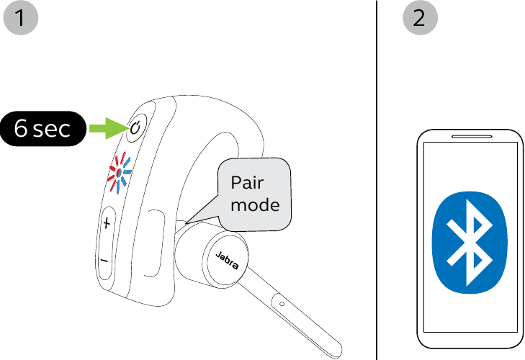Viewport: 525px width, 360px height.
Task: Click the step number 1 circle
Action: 21,18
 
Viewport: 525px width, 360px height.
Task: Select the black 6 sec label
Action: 43,129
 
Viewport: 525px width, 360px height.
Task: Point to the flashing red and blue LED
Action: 118,174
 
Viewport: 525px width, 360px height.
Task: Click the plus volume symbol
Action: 107,223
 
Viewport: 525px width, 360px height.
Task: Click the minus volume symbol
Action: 105,260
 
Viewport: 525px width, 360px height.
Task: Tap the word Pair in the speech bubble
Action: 248,182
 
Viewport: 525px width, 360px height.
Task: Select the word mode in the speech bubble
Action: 254,204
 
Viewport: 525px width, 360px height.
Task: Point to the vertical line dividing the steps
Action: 377,180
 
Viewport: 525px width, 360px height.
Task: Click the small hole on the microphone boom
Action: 282,304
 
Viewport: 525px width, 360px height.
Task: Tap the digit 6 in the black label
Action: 21,129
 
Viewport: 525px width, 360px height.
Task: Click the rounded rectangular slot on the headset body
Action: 153,241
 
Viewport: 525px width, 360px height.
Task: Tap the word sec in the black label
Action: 52,130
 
